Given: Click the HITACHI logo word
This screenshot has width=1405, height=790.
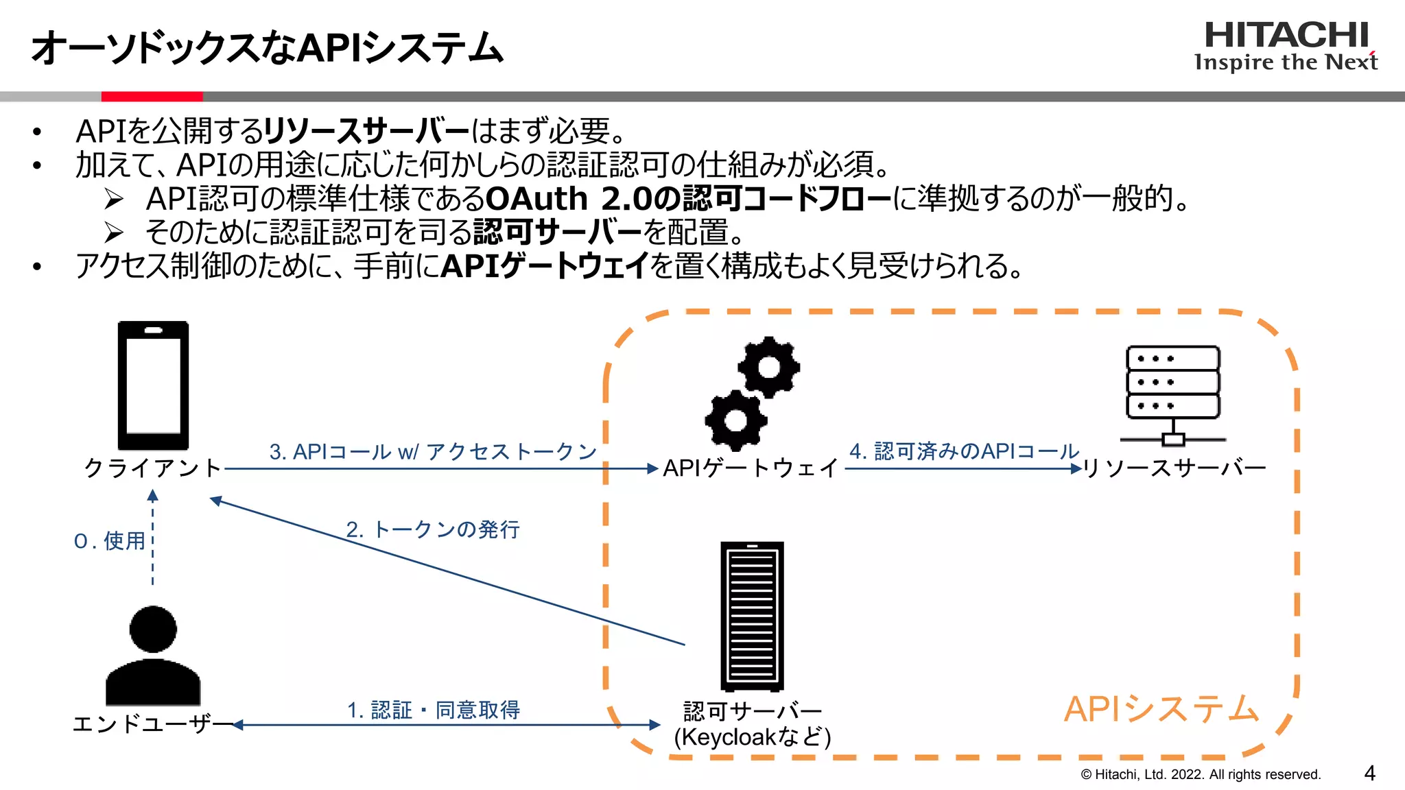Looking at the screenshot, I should pos(1286,35).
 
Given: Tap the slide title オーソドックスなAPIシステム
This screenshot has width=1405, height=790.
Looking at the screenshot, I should pos(267,48).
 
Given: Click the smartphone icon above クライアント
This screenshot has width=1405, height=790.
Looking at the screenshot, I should pos(153,385).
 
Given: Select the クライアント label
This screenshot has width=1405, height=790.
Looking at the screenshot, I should pos(152,468).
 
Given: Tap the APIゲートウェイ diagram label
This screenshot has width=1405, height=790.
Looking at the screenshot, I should pos(751,468).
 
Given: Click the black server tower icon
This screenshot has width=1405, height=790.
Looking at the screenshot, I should pos(752,616).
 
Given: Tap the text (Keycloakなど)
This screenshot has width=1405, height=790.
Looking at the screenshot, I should pos(753,737).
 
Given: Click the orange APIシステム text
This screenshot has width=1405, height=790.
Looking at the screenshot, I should pos(1161,709).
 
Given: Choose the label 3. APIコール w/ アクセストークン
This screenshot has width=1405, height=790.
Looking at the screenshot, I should pos(433,451).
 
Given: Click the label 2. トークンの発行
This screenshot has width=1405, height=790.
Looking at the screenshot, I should pos(433,529).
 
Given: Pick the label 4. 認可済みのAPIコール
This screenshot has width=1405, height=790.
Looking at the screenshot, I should pos(964,451).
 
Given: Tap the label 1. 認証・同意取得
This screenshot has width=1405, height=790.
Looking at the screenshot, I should pos(434,710).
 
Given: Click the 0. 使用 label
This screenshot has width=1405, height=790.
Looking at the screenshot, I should pos(110,541).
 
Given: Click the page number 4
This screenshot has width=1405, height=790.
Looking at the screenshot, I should pos(1369,774).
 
